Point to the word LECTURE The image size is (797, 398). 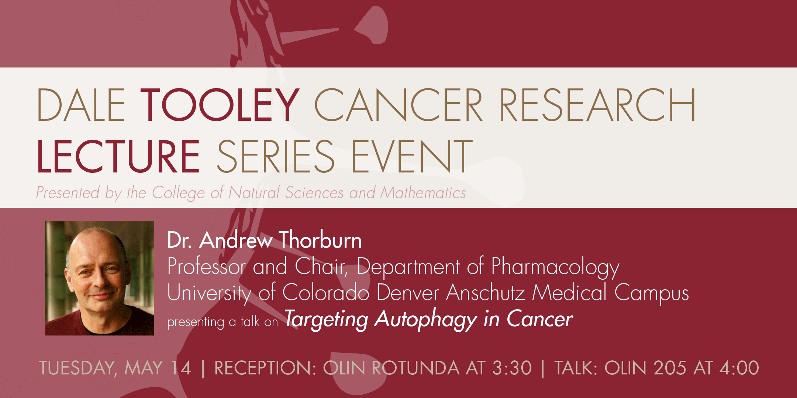(118, 156)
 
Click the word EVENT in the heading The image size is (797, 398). (412, 156)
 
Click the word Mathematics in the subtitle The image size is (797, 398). (423, 193)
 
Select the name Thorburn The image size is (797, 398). (320, 240)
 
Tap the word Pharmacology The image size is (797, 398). (555, 267)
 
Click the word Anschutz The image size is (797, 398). (486, 293)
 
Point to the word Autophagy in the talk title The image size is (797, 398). (426, 320)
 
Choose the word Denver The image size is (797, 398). (408, 293)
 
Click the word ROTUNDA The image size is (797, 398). (415, 368)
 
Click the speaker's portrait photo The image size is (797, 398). (100, 278)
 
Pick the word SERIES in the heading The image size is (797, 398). (276, 156)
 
